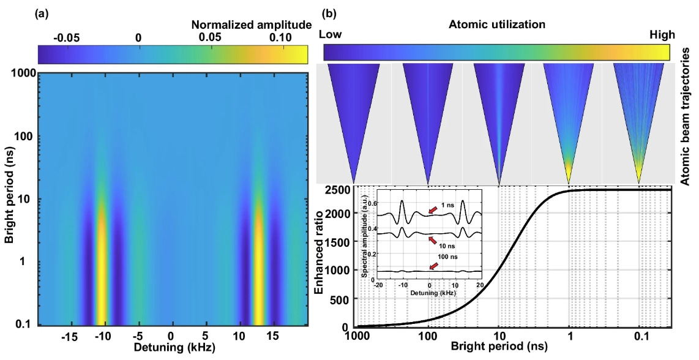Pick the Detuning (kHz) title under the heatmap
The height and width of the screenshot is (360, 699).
click(x=170, y=350)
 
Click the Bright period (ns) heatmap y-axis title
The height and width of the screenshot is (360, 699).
click(x=9, y=200)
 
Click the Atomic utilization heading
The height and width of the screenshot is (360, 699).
click(x=497, y=25)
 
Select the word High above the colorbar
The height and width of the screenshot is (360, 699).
click(x=663, y=35)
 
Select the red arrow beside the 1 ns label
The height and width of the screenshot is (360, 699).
click(x=432, y=211)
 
